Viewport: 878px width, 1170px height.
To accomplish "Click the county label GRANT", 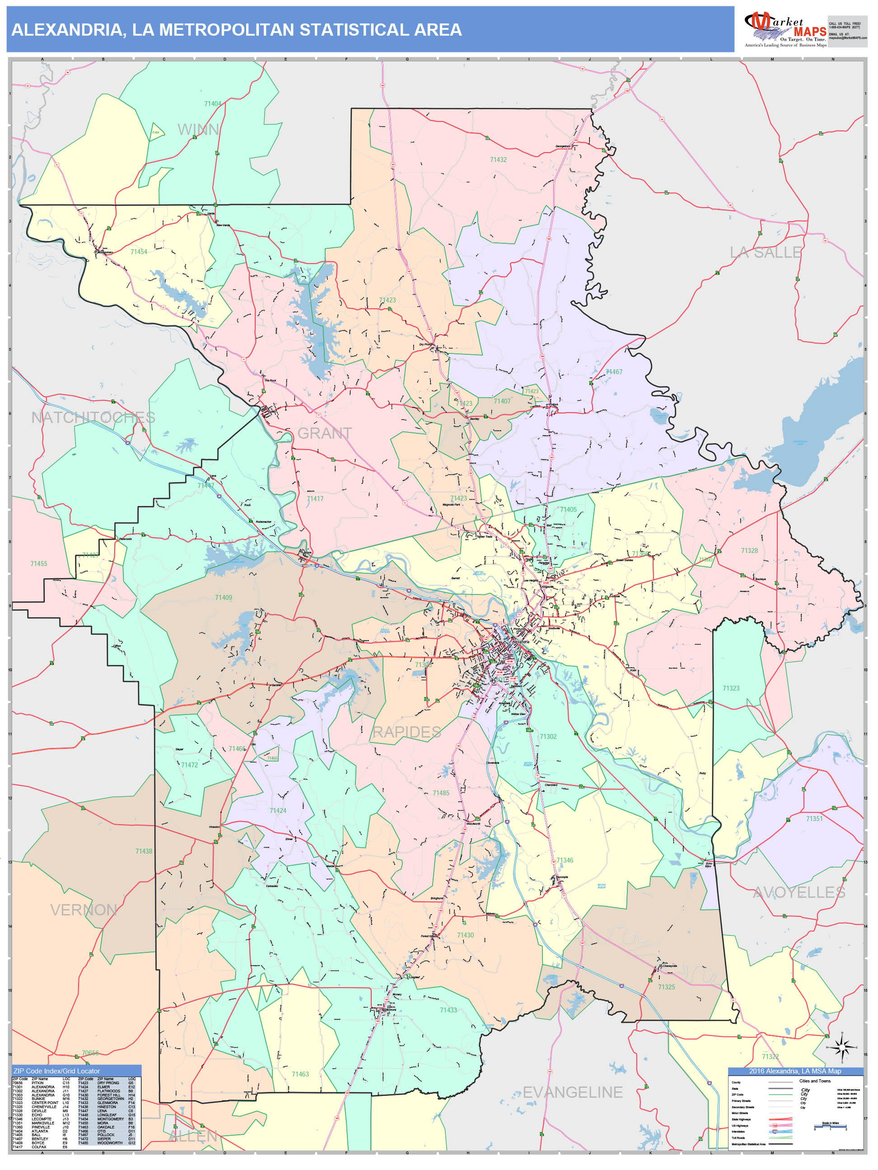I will point(324,433).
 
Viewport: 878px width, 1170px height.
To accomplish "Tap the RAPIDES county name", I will point(406,732).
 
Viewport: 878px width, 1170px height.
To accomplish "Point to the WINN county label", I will point(198,129).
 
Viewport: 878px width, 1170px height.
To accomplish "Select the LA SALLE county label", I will point(765,252).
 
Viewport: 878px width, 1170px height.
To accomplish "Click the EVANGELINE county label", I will point(573,1092).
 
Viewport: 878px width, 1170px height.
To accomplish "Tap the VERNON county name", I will point(84,910).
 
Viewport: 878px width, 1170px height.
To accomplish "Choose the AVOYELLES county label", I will point(799,892).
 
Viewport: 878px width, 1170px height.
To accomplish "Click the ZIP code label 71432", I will point(498,159).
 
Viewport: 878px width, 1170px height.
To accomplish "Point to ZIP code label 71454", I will point(139,252).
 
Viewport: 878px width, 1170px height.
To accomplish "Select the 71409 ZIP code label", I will point(223,598).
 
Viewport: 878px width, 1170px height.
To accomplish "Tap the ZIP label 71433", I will point(448,1010).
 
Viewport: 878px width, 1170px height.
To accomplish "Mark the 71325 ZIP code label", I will point(666,987).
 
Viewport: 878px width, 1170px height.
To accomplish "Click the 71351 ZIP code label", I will point(814,818).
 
